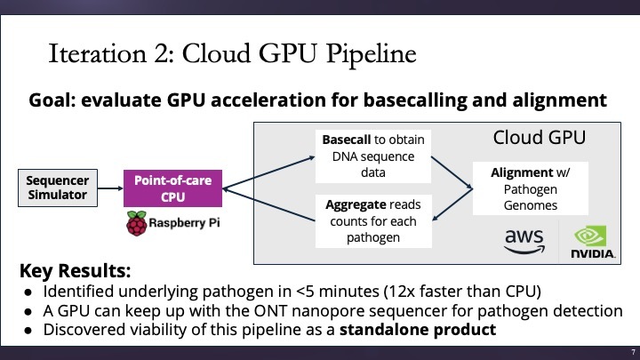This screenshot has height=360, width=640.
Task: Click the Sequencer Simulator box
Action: [58, 188]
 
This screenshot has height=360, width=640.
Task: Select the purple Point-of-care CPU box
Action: [172, 188]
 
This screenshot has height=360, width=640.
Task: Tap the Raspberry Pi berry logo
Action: [136, 223]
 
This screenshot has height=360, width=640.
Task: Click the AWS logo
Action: [524, 242]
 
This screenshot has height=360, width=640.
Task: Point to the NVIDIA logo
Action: [592, 242]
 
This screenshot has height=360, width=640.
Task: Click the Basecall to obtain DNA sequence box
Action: [373, 156]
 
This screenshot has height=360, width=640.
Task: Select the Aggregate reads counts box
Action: [373, 221]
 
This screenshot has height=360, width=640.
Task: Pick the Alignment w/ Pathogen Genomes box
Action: [530, 188]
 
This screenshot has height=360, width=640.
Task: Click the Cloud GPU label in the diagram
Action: [540, 137]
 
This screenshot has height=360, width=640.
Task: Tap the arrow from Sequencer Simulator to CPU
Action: [110, 188]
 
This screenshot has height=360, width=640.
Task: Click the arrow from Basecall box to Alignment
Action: [452, 172]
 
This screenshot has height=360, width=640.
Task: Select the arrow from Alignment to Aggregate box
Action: [452, 204]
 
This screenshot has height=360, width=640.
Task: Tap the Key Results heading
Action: [75, 270]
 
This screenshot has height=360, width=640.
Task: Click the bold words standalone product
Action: [418, 330]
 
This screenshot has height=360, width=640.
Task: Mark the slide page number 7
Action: [633, 352]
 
